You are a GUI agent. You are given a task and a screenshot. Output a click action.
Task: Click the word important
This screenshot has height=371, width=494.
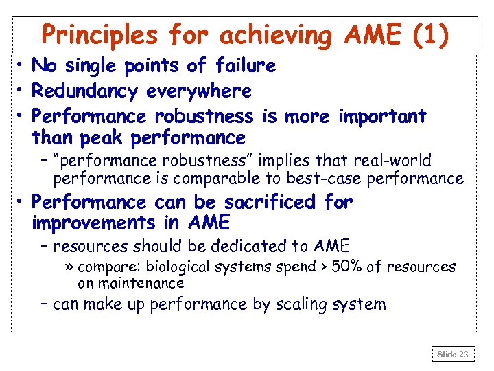pos(382,116)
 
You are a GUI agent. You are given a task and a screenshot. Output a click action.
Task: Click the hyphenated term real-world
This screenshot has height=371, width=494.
pos(393,161)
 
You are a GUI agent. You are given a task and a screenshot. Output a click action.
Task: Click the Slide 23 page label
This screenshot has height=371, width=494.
pos(454,355)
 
